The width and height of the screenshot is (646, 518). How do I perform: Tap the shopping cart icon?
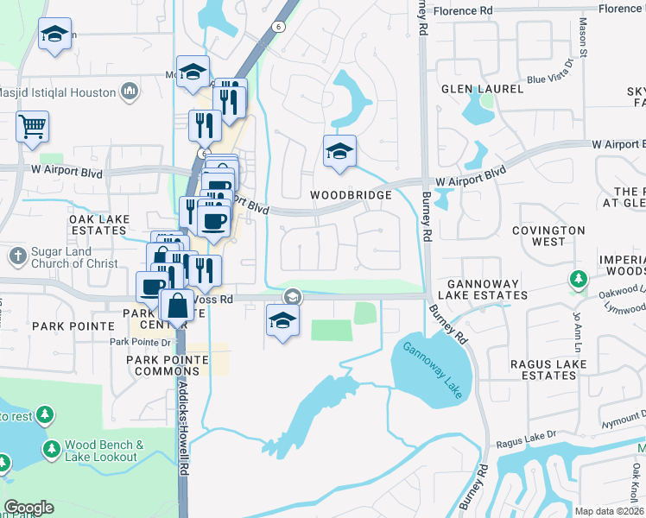[32, 127]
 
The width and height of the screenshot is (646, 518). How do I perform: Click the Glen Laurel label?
[482, 89]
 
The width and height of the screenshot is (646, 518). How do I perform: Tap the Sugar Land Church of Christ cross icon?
[16, 256]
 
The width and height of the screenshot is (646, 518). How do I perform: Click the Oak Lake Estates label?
[98, 225]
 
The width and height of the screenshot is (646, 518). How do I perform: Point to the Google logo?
[28, 508]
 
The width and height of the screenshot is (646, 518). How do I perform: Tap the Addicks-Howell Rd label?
[184, 433]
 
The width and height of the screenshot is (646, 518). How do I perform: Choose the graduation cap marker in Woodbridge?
[339, 151]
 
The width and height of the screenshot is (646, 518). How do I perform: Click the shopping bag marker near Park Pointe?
[177, 306]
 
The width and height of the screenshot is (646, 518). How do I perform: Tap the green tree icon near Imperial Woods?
[578, 279]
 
